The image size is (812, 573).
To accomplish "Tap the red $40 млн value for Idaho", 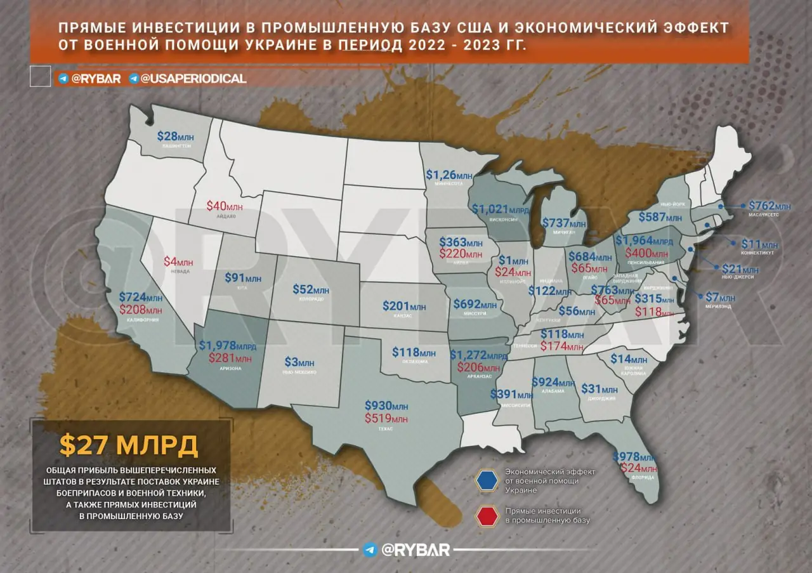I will coord(225,206).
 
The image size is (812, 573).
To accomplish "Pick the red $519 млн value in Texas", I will coord(386,418).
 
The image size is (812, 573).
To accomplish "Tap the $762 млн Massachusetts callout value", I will coord(769,206).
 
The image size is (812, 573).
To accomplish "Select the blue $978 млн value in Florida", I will coord(633,457).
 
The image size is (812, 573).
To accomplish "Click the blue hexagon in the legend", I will coord(487,481).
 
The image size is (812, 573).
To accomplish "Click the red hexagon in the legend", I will coord(487,516).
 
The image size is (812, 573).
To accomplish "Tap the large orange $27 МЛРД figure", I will coord(129,445).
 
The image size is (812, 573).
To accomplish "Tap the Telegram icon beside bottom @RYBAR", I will coord(370,550).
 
